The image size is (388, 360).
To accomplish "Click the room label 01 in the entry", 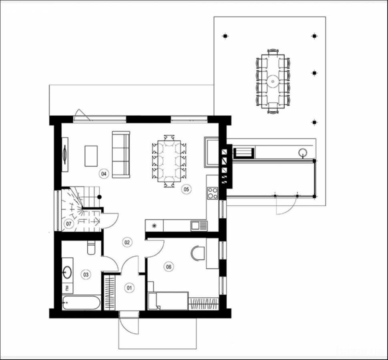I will click(x=129, y=287).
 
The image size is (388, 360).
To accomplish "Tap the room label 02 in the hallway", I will click(x=127, y=242).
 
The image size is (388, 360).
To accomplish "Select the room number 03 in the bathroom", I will click(x=85, y=274).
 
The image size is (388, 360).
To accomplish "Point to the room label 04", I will click(x=104, y=174).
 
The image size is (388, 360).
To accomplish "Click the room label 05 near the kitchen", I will click(x=186, y=189).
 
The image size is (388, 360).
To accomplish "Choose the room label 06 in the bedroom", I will click(x=168, y=266).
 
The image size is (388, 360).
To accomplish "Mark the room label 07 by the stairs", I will click(x=68, y=224).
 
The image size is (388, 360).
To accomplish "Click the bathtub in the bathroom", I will click(x=81, y=302).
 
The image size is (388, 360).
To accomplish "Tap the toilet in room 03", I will click(x=90, y=248).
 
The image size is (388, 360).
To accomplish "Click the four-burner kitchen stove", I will click(x=212, y=193).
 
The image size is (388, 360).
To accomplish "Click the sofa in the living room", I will click(x=121, y=154).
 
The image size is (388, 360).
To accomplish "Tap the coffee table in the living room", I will click(x=91, y=156).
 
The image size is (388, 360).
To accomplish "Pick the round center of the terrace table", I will click(x=273, y=82).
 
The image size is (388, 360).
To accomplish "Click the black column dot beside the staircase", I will click(x=100, y=197).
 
